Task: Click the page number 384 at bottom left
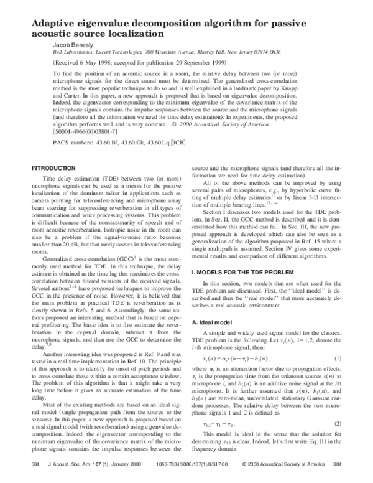tap(35, 464)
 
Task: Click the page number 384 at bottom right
tap(338, 464)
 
